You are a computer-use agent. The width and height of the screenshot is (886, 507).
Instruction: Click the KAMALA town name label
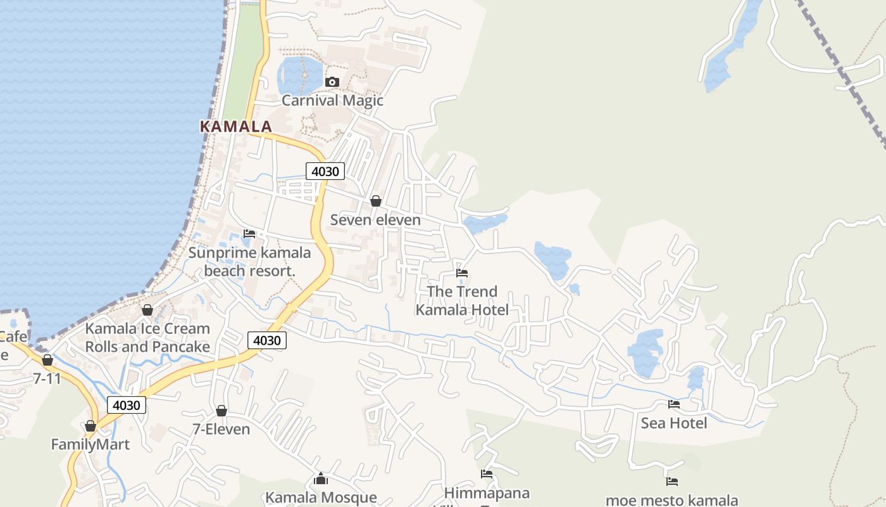pyautogui.click(x=236, y=126)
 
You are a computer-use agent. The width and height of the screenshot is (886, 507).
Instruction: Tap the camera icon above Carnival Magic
pyautogui.click(x=332, y=82)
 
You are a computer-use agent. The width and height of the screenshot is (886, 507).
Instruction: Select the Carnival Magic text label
pyautogui.click(x=332, y=100)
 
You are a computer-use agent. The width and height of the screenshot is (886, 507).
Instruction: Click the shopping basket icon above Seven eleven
pyautogui.click(x=376, y=201)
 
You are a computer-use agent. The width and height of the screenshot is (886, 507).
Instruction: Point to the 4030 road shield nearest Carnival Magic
pyautogui.click(x=325, y=171)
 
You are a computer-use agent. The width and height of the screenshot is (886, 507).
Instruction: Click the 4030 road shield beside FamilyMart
pyautogui.click(x=127, y=405)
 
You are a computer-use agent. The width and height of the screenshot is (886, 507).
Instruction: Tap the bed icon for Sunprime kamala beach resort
pyautogui.click(x=249, y=234)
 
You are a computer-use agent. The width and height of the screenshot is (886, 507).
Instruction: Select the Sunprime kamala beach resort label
pyautogui.click(x=250, y=262)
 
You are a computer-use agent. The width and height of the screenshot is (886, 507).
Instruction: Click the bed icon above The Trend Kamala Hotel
pyautogui.click(x=462, y=273)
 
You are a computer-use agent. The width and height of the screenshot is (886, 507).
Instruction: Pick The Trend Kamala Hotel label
pyautogui.click(x=462, y=300)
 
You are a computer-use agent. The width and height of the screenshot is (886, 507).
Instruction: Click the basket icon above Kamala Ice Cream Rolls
pyautogui.click(x=147, y=310)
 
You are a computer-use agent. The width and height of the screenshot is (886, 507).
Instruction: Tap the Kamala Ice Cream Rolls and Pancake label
pyautogui.click(x=147, y=338)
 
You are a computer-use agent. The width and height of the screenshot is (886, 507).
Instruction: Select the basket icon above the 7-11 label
pyautogui.click(x=47, y=360)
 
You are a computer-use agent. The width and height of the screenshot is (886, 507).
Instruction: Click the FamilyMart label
pyautogui.click(x=90, y=444)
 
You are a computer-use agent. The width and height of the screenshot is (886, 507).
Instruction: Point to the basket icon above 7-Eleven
pyautogui.click(x=221, y=411)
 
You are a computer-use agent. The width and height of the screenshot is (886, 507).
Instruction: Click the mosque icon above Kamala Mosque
pyautogui.click(x=321, y=478)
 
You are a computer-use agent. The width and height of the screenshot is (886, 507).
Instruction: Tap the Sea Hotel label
pyautogui.click(x=674, y=423)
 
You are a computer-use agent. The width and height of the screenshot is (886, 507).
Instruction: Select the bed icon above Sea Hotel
pyautogui.click(x=674, y=404)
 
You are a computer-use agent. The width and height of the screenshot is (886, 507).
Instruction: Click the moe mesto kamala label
pyautogui.click(x=671, y=500)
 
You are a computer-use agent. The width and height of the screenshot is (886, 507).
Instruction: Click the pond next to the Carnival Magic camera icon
pyautogui.click(x=299, y=75)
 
